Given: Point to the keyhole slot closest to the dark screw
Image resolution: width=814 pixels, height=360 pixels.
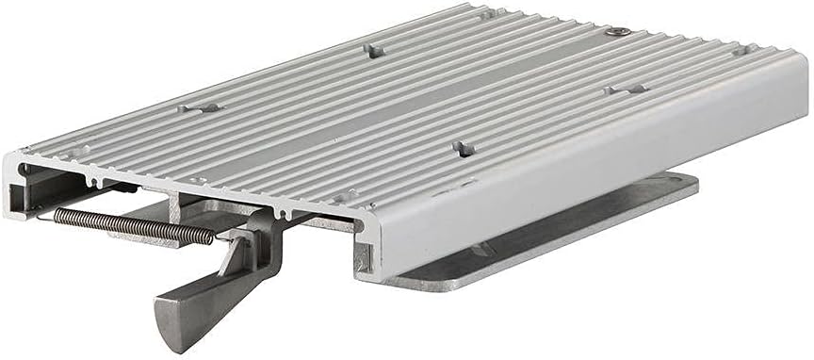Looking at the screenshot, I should click(x=626, y=90).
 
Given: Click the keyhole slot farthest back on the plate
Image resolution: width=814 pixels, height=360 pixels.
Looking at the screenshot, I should click(x=375, y=49).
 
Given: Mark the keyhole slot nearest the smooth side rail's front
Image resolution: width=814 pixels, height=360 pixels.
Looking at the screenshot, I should click(x=461, y=148).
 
